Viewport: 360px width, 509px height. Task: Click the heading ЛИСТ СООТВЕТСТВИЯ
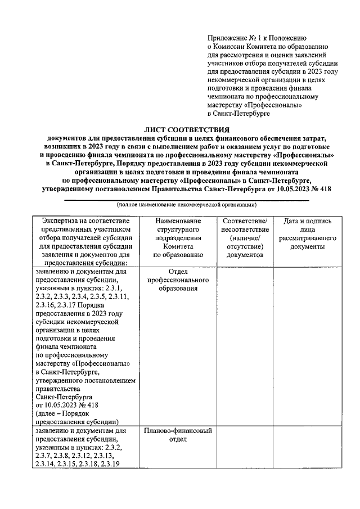188,129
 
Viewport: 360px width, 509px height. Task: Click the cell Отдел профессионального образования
178,280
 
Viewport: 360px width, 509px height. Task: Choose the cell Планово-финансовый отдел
178,436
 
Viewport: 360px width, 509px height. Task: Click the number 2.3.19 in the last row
111,463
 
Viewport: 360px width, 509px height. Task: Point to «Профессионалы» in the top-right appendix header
273,105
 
